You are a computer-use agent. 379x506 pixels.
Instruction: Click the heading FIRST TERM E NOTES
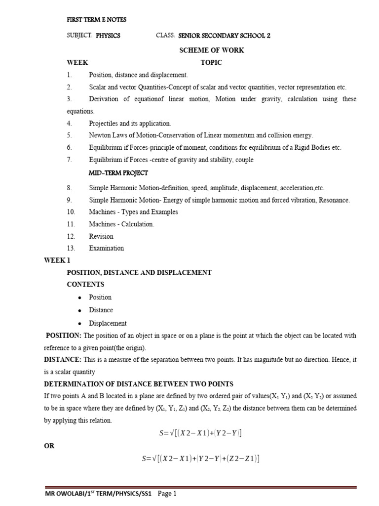96,20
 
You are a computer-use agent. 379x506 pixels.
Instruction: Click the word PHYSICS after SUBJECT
108,36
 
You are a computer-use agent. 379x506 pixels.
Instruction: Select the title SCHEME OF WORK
211,50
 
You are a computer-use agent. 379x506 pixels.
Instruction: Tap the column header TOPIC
211,63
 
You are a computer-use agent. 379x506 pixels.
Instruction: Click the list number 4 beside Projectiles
70,123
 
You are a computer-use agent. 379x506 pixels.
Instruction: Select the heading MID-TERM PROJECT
118,173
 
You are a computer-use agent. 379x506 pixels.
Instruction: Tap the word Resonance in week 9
334,200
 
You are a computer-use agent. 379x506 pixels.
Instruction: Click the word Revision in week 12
101,236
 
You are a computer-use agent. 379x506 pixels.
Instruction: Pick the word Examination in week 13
106,248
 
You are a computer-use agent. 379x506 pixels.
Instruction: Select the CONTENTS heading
85,285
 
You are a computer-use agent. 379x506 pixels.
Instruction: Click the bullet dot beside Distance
79,310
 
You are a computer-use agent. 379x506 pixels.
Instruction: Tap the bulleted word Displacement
108,323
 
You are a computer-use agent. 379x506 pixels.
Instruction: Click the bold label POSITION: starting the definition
63,336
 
